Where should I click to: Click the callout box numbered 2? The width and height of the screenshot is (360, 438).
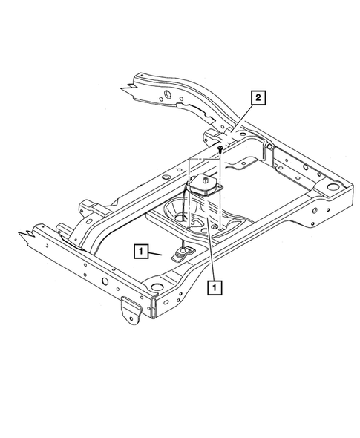click(258, 97)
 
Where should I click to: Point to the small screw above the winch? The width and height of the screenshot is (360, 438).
click(220, 151)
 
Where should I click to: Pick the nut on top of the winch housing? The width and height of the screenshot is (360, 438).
click(203, 178)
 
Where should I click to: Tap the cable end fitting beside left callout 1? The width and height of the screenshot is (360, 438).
click(181, 255)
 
